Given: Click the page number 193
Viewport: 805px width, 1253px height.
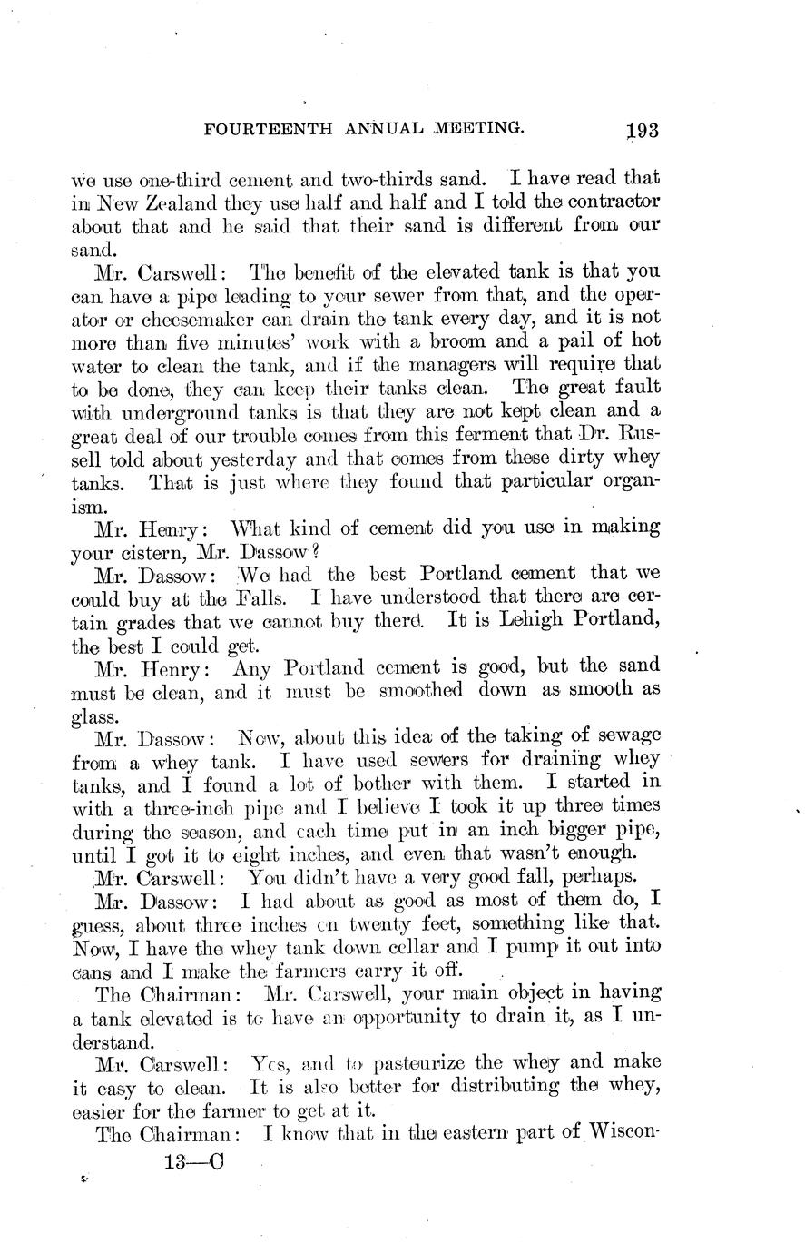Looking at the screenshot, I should pyautogui.click(x=641, y=130).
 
